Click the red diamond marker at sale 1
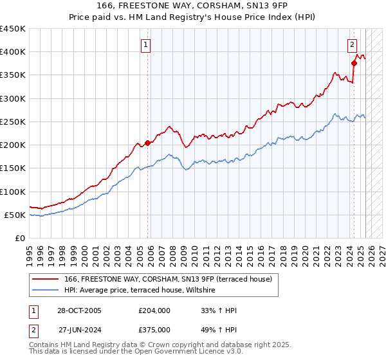147,143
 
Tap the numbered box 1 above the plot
147,45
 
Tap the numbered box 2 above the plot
353,45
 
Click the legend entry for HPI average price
143,291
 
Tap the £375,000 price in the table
154,329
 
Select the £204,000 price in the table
154,310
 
